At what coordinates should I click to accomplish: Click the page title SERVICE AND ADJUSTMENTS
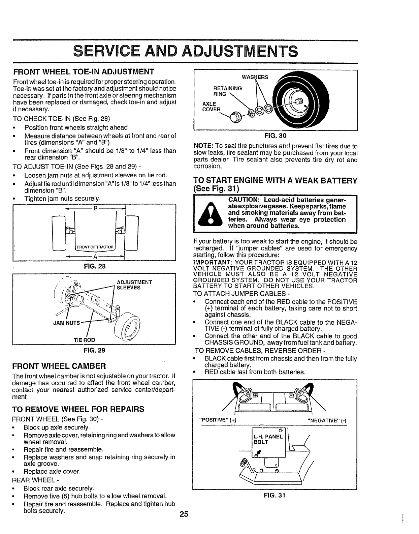point(185,52)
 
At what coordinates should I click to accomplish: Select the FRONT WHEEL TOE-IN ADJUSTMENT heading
point(84,72)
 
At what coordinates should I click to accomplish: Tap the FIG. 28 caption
point(95,266)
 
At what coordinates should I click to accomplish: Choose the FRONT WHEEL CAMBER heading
point(59,365)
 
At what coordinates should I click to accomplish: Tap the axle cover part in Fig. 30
point(234,118)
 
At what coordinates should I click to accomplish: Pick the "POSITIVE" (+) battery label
point(218,420)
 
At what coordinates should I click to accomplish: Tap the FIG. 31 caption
point(275,495)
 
